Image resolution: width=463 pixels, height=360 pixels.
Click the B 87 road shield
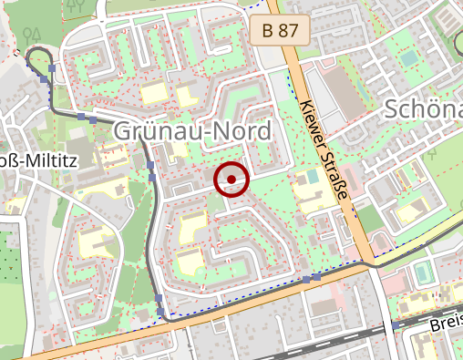click(280, 31)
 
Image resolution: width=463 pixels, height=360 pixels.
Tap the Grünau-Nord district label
click(193, 132)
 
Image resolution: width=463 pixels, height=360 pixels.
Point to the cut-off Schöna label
click(424, 109)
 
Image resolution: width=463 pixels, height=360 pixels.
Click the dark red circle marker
click(231, 179)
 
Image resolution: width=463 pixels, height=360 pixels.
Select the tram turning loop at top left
click(39, 61)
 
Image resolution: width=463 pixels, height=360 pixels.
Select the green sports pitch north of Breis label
click(421, 273)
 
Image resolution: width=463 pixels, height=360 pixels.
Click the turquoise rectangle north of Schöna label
click(409, 57)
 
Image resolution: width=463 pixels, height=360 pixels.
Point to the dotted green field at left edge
click(9, 273)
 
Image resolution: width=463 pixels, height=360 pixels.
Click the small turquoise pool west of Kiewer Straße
click(313, 174)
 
